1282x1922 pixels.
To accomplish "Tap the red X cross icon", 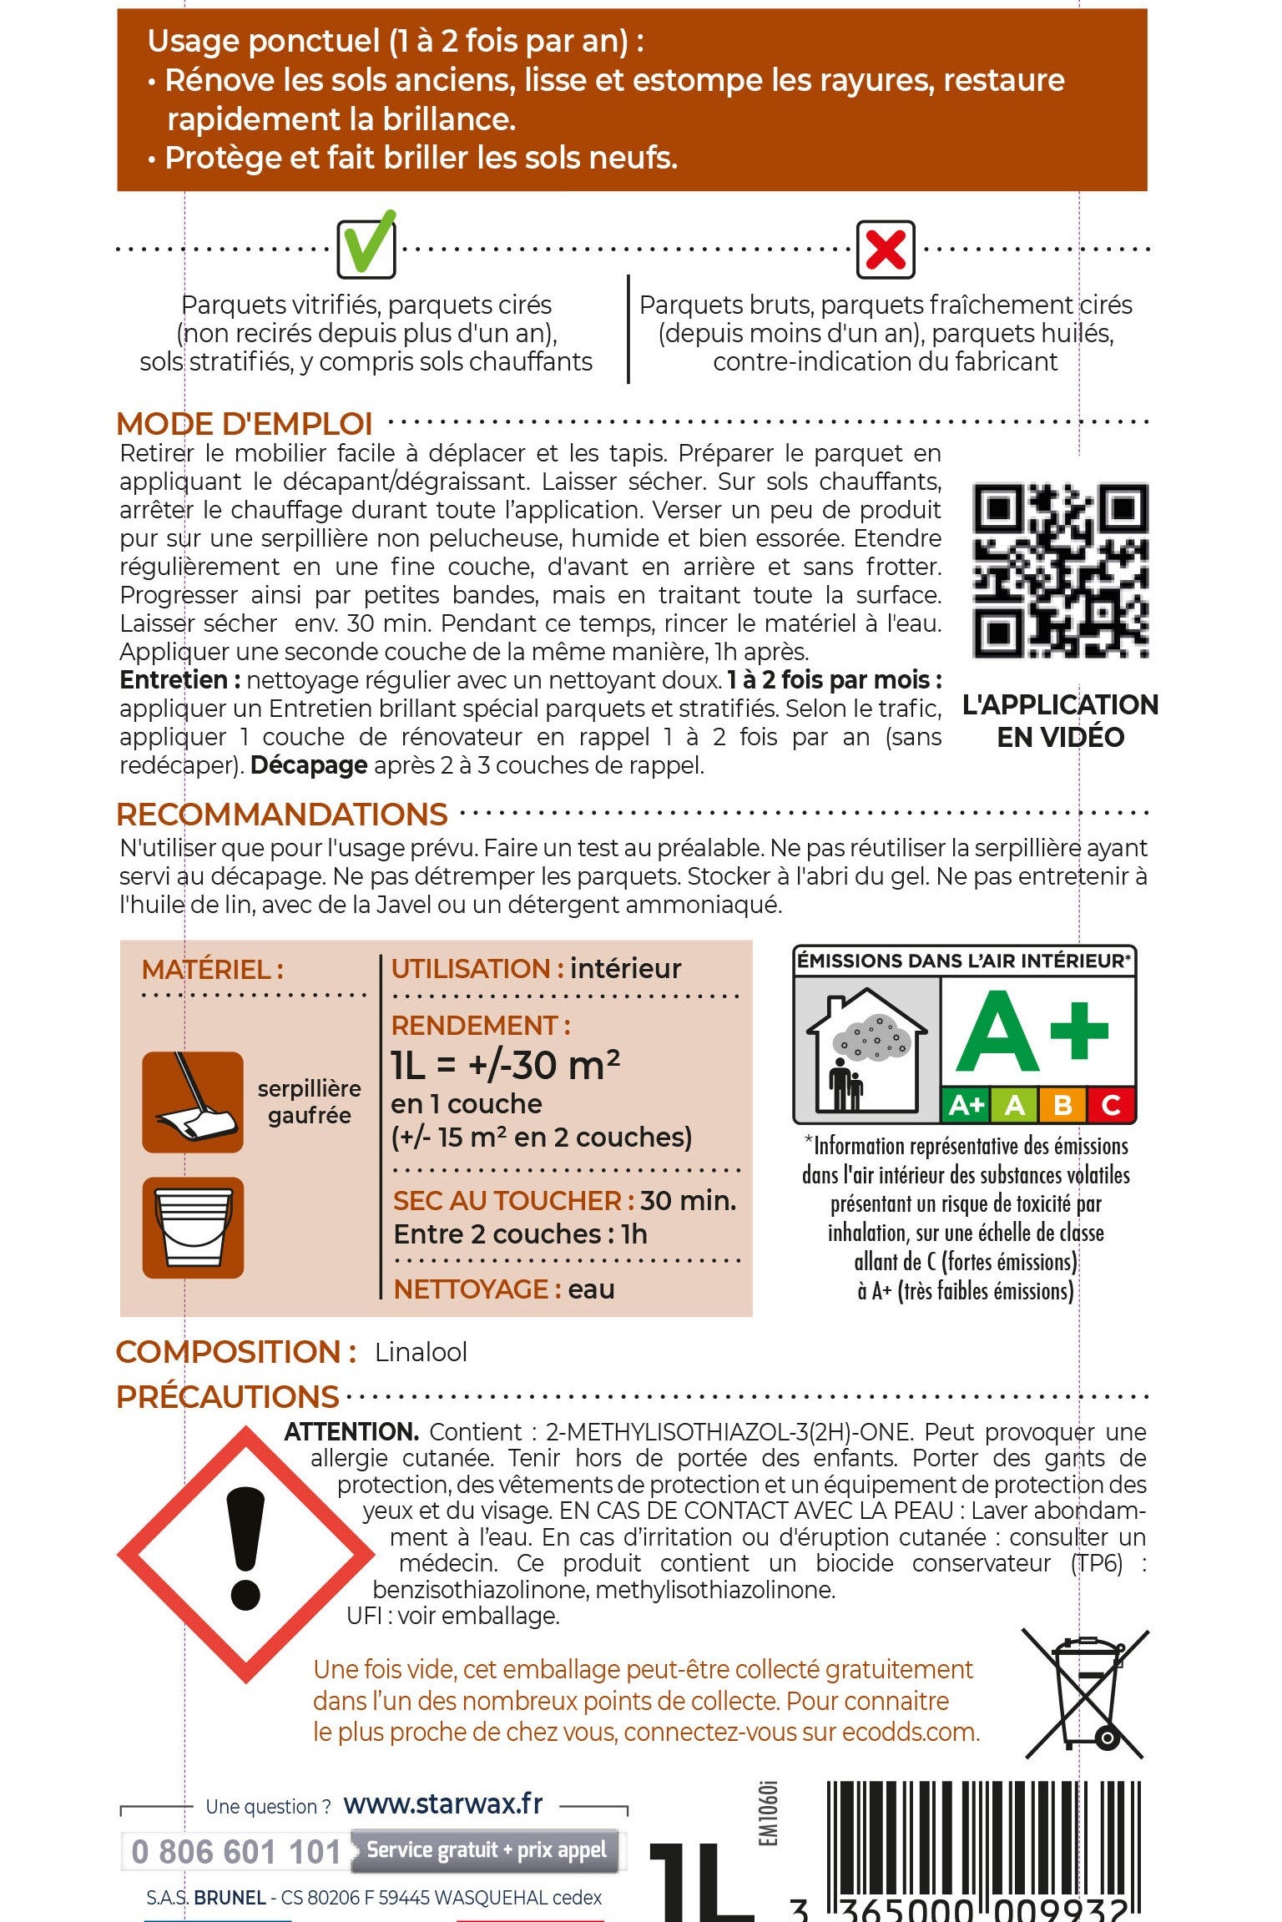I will point(886,250).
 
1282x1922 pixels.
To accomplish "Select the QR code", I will point(1060,570).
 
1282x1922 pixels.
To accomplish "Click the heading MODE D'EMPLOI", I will point(245,424).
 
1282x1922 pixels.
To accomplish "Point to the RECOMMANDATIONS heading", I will point(282,815).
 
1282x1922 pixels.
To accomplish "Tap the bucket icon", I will point(193,1228).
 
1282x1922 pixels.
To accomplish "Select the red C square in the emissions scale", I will point(1110,1105).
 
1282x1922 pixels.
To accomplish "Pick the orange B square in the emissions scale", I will point(1062,1105).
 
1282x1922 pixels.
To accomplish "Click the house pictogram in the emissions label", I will point(866,1050).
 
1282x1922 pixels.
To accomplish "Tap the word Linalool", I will point(421,1352).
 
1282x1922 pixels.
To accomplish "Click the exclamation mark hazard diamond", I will point(246,1553).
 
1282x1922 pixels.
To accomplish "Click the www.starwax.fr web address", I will point(443,1804).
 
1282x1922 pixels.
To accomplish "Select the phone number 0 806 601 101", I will point(237,1852).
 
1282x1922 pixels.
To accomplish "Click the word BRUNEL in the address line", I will point(230,1898).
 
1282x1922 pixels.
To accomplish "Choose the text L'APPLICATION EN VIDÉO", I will point(1060,721).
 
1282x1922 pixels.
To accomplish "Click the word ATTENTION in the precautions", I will point(351,1432).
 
